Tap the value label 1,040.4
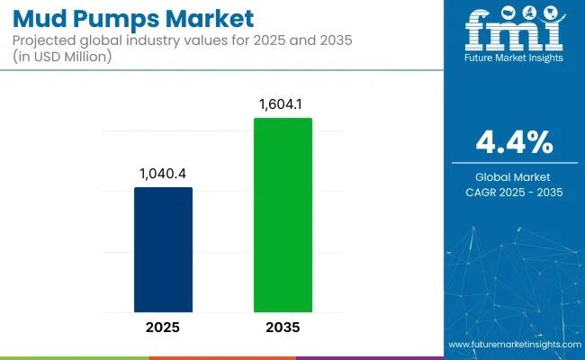click(163, 175)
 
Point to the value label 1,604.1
click(283, 105)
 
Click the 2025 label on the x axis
click(163, 326)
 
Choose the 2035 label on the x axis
click(283, 326)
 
